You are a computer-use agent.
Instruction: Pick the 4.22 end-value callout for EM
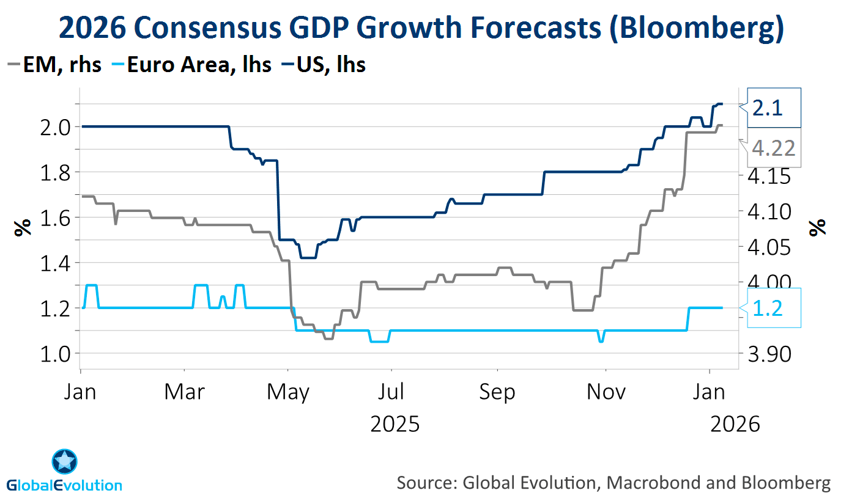click(774, 148)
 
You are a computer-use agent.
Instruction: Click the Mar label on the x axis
click(184, 392)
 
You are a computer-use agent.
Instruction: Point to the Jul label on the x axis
click(391, 392)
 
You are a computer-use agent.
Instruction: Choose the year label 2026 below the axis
click(735, 423)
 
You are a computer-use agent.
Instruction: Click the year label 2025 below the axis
click(395, 423)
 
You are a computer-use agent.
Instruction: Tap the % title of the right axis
click(817, 227)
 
